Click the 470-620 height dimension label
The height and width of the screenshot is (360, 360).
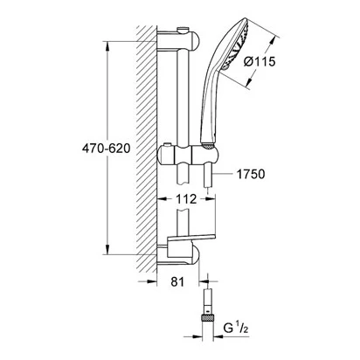click(x=106, y=149)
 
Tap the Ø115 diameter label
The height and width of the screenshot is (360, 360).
click(x=260, y=61)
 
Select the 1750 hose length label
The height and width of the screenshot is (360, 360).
click(x=251, y=174)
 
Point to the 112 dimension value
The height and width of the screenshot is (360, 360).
click(x=186, y=199)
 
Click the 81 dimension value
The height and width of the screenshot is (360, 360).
click(x=177, y=281)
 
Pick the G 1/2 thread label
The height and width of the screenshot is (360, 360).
click(x=236, y=329)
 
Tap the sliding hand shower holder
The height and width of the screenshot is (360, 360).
click(x=187, y=154)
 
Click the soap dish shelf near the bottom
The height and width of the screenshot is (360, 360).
click(x=191, y=238)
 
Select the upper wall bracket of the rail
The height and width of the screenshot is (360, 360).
click(x=178, y=40)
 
